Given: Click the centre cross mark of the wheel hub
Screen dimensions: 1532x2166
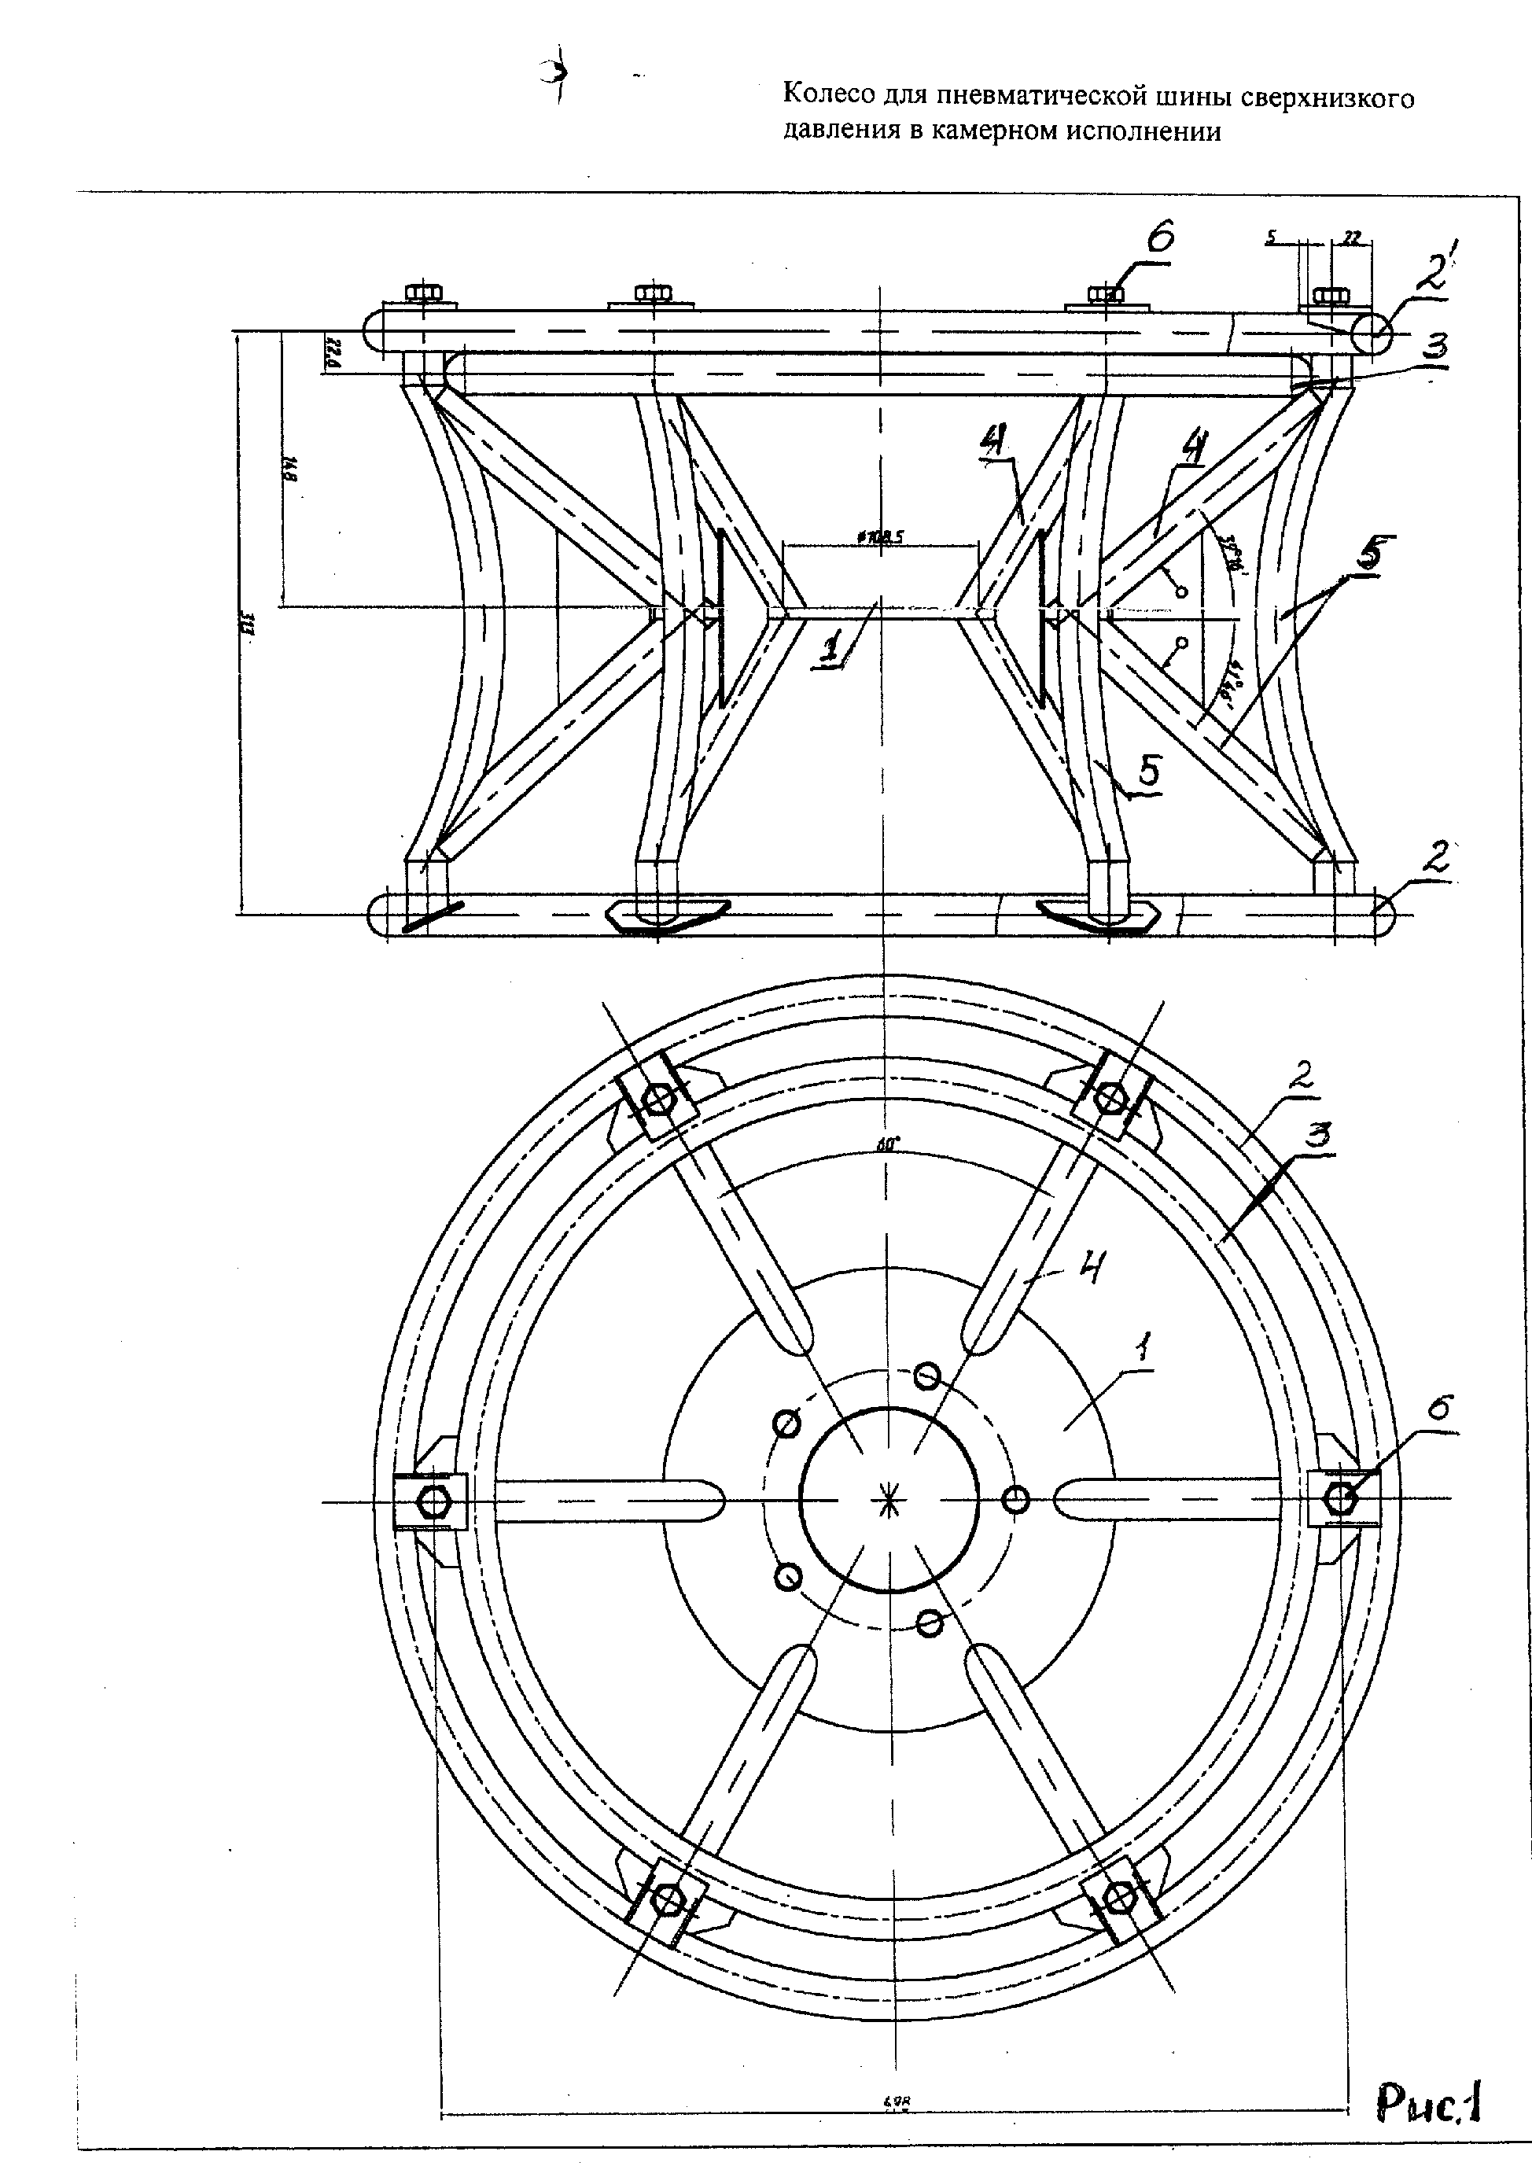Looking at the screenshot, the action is coord(888,1500).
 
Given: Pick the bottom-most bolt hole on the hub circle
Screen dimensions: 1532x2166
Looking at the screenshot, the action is coord(930,1623).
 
